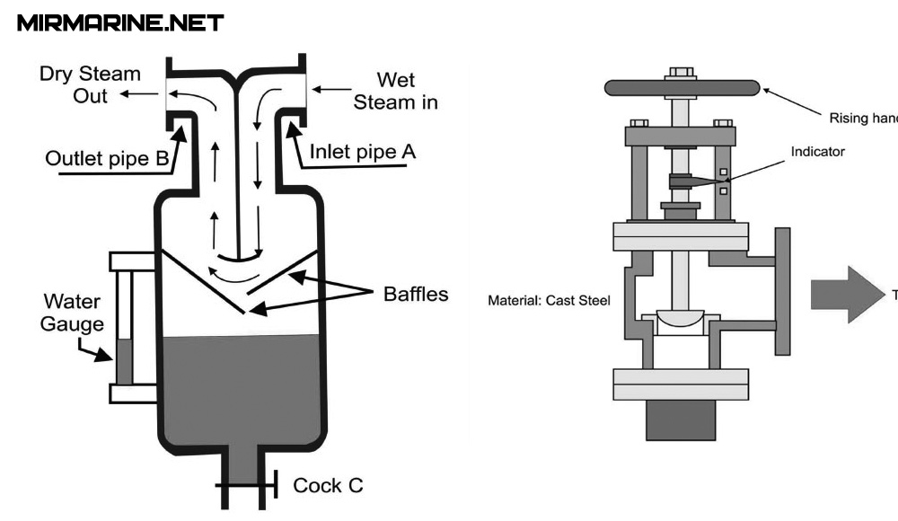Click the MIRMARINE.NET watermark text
(x=120, y=23)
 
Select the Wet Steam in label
(x=396, y=91)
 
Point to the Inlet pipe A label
(x=363, y=152)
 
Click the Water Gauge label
(x=72, y=312)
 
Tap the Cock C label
(x=328, y=486)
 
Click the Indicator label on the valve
(x=817, y=152)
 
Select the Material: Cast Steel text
(x=549, y=300)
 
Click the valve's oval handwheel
(x=682, y=87)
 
